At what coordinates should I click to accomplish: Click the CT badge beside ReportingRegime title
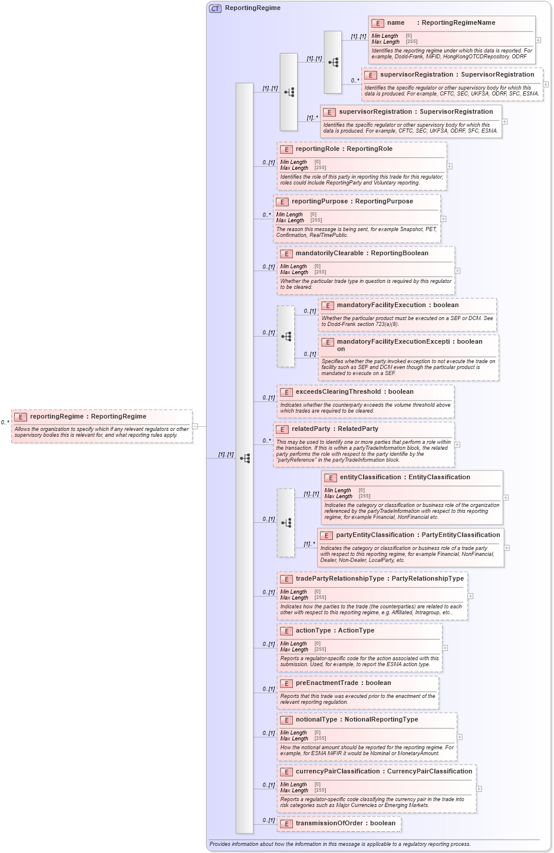tap(215, 8)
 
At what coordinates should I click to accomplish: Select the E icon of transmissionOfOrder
tap(286, 824)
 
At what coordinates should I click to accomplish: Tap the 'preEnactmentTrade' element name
tap(327, 683)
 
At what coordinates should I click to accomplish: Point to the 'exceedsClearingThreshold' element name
tap(338, 392)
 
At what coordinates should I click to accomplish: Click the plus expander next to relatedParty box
tap(457, 445)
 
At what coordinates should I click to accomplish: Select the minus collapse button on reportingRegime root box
tap(195, 426)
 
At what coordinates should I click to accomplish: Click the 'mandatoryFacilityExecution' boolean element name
tap(381, 305)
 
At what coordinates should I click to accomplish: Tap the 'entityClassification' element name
tap(370, 477)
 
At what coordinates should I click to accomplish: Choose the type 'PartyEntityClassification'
tap(460, 535)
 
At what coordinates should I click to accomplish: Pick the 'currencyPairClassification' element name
tap(337, 772)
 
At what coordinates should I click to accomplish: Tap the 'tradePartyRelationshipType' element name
tap(339, 579)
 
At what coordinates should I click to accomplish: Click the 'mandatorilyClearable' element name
tap(329, 253)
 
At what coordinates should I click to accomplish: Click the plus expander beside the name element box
tap(538, 41)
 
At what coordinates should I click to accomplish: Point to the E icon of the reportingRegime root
tap(21, 417)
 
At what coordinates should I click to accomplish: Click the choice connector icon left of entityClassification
tap(286, 523)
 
